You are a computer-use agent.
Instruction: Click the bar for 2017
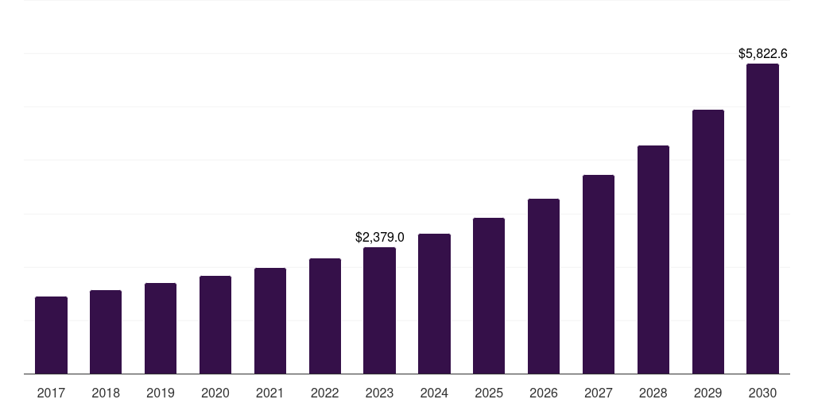(51, 335)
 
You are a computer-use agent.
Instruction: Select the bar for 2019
(161, 328)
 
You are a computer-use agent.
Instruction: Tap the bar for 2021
(270, 320)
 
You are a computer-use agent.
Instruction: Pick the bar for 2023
(379, 310)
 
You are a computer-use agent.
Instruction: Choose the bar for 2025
(489, 296)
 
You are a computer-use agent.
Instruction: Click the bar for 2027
(599, 274)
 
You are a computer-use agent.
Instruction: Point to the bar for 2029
(708, 242)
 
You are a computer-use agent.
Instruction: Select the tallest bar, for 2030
(762, 219)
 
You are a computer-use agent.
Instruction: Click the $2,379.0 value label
(379, 237)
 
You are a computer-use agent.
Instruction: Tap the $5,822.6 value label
(762, 54)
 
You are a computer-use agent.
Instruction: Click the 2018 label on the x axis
(106, 393)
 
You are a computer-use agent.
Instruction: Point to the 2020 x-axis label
(215, 393)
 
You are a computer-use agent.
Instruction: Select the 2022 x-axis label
(325, 393)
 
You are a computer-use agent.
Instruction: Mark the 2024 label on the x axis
(434, 393)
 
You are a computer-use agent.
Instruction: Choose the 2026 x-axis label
(544, 393)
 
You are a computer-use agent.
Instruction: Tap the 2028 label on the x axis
(653, 393)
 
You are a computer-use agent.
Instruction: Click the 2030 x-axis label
(762, 393)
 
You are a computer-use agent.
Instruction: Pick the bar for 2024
(434, 304)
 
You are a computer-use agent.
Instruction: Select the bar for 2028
(653, 259)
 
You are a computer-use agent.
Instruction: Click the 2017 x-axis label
(51, 393)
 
